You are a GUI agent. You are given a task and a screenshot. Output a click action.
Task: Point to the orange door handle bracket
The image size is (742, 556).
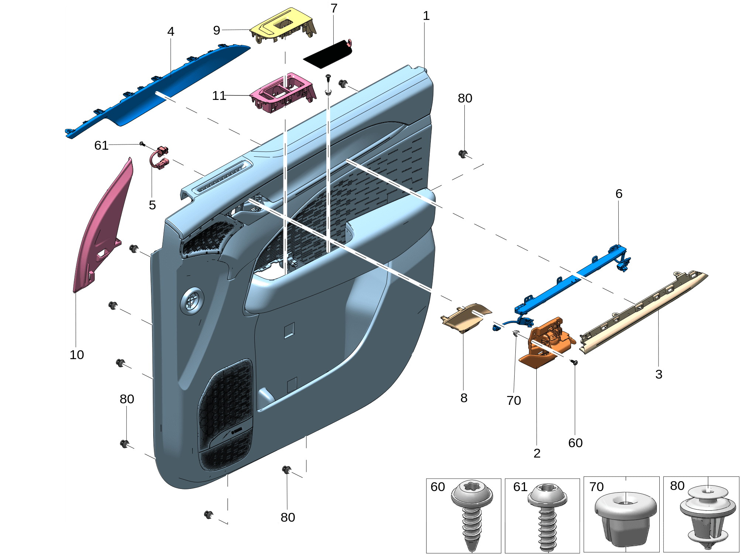point(546,343)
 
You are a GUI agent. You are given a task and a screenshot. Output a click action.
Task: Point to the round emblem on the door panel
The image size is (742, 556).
point(192,300)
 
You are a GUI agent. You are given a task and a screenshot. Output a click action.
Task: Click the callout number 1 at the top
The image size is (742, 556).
point(426,15)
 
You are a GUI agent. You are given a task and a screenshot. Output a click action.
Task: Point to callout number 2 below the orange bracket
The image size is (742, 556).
point(537,453)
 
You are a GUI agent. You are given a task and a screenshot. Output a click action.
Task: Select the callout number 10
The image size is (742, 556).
point(77,355)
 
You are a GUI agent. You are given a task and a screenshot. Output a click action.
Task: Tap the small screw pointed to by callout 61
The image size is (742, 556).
point(142,143)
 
